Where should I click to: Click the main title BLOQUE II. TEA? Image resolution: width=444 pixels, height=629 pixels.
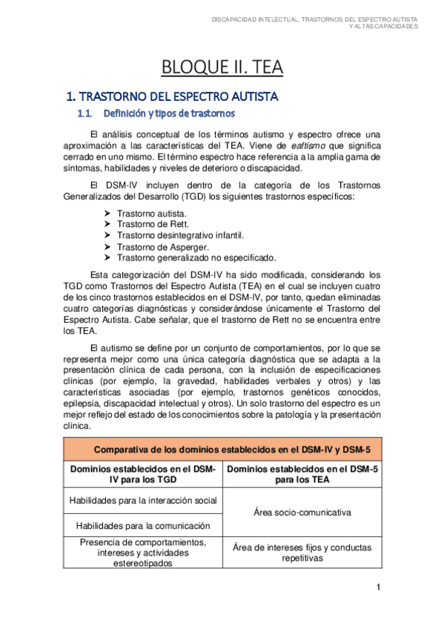coord(222,68)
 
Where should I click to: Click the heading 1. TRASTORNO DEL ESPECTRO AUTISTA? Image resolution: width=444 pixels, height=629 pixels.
coord(172,97)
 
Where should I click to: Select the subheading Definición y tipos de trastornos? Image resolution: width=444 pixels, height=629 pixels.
coord(170,113)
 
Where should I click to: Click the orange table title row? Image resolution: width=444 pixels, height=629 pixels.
coord(222,449)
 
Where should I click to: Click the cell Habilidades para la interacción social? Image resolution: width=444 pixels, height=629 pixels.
coord(142,501)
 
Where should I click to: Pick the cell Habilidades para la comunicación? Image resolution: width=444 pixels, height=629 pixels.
coord(142,525)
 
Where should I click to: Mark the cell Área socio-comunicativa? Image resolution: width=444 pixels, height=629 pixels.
coord(301,513)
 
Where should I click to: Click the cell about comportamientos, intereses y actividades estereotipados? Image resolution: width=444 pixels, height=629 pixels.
coord(142,552)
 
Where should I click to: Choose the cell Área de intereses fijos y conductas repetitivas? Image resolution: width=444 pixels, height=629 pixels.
coord(301,553)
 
